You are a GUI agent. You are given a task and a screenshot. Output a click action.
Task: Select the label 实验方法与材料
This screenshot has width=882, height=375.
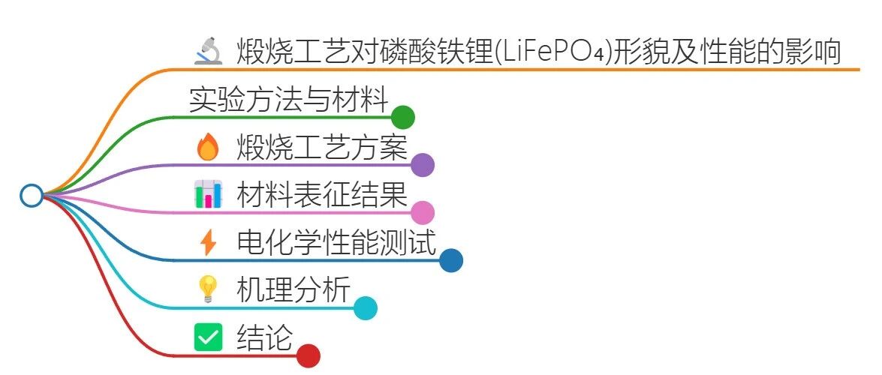pyautogui.click(x=288, y=100)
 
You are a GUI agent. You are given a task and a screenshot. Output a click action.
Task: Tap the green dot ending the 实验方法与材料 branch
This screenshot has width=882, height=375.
pyautogui.click(x=403, y=117)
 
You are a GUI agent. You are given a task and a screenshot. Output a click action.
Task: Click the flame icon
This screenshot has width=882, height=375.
pyautogui.click(x=207, y=147)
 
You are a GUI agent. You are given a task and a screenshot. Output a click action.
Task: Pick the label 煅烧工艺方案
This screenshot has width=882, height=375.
pyautogui.click(x=322, y=147)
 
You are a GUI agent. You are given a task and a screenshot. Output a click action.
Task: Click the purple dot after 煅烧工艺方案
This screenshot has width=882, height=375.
pyautogui.click(x=423, y=164)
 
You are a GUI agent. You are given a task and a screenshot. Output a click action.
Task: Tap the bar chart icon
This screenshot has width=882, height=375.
pyautogui.click(x=208, y=194)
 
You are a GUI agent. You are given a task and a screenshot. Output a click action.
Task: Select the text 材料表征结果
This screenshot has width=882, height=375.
pyautogui.click(x=322, y=194)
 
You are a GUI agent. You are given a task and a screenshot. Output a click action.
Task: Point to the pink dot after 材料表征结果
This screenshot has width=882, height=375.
pyautogui.click(x=423, y=212)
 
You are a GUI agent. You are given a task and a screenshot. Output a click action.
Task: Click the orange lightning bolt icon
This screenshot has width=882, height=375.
pyautogui.click(x=208, y=242)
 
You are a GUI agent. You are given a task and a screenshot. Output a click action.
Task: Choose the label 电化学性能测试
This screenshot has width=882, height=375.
pyautogui.click(x=336, y=242)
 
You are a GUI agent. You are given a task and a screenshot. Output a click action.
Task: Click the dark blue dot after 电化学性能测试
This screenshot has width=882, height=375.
pyautogui.click(x=451, y=260)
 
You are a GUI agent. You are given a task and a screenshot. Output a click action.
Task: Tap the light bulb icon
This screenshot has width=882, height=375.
pyautogui.click(x=207, y=289)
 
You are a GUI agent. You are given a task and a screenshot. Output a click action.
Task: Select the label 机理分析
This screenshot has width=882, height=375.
pyautogui.click(x=293, y=289)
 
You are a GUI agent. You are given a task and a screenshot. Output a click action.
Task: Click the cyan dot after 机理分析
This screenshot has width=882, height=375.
pyautogui.click(x=366, y=308)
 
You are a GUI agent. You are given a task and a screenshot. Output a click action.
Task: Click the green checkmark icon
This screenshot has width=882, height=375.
pyautogui.click(x=207, y=337)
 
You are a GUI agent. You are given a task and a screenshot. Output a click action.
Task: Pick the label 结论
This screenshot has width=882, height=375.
pyautogui.click(x=264, y=337)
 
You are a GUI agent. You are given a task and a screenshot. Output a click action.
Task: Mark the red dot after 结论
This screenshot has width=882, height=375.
pyautogui.click(x=309, y=355)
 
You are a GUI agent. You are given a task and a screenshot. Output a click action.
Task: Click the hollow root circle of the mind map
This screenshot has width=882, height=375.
pyautogui.click(x=31, y=195)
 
